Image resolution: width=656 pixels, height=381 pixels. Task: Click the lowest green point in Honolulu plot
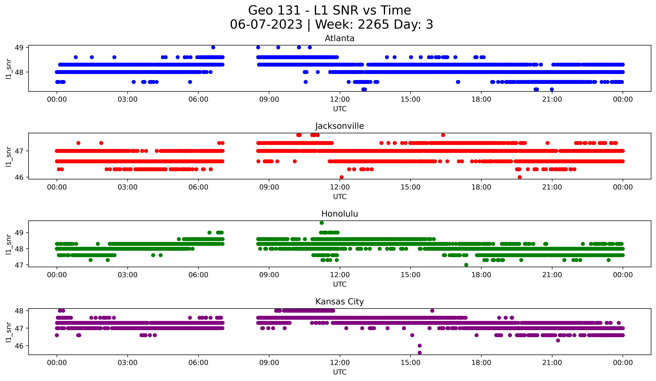pyautogui.click(x=466, y=265)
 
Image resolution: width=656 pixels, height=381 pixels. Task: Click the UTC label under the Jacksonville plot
pyautogui.click(x=340, y=197)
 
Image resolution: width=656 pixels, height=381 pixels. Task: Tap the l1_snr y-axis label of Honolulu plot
pyautogui.click(x=8, y=244)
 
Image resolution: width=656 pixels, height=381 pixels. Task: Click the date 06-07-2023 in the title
pyautogui.click(x=266, y=24)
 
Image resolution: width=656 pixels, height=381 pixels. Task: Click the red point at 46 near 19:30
pyautogui.click(x=520, y=177)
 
